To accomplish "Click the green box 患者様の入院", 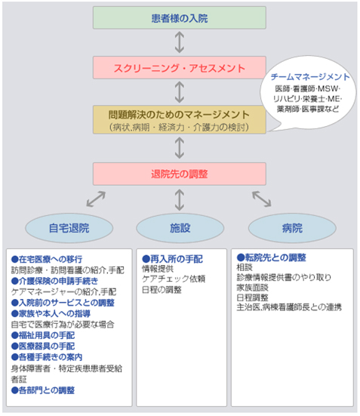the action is click(180, 18).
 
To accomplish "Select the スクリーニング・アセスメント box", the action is click(180, 67).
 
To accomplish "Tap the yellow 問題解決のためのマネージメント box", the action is click(180, 119).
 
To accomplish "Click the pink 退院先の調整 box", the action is click(180, 174).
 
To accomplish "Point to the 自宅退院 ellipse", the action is click(69, 228).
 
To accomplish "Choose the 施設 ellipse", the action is click(180, 228).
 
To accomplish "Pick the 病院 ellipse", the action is click(292, 228).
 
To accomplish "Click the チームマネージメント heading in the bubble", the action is click(310, 77).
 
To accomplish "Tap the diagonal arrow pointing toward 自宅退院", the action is click(96, 199).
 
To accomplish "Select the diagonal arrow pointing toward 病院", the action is click(262, 199).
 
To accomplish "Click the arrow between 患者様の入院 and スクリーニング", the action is click(180, 42).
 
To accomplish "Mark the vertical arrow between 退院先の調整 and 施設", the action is click(180, 200).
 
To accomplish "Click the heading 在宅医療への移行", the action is click(47, 259).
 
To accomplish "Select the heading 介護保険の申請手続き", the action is click(54, 281).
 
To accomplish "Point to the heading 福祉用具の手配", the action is click(43, 335).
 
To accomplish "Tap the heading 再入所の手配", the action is click(172, 259).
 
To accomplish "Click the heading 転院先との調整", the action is click(272, 257).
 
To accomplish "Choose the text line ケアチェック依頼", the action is click(174, 279).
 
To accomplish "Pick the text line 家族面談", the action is click(253, 288).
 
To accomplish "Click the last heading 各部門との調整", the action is click(43, 390).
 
